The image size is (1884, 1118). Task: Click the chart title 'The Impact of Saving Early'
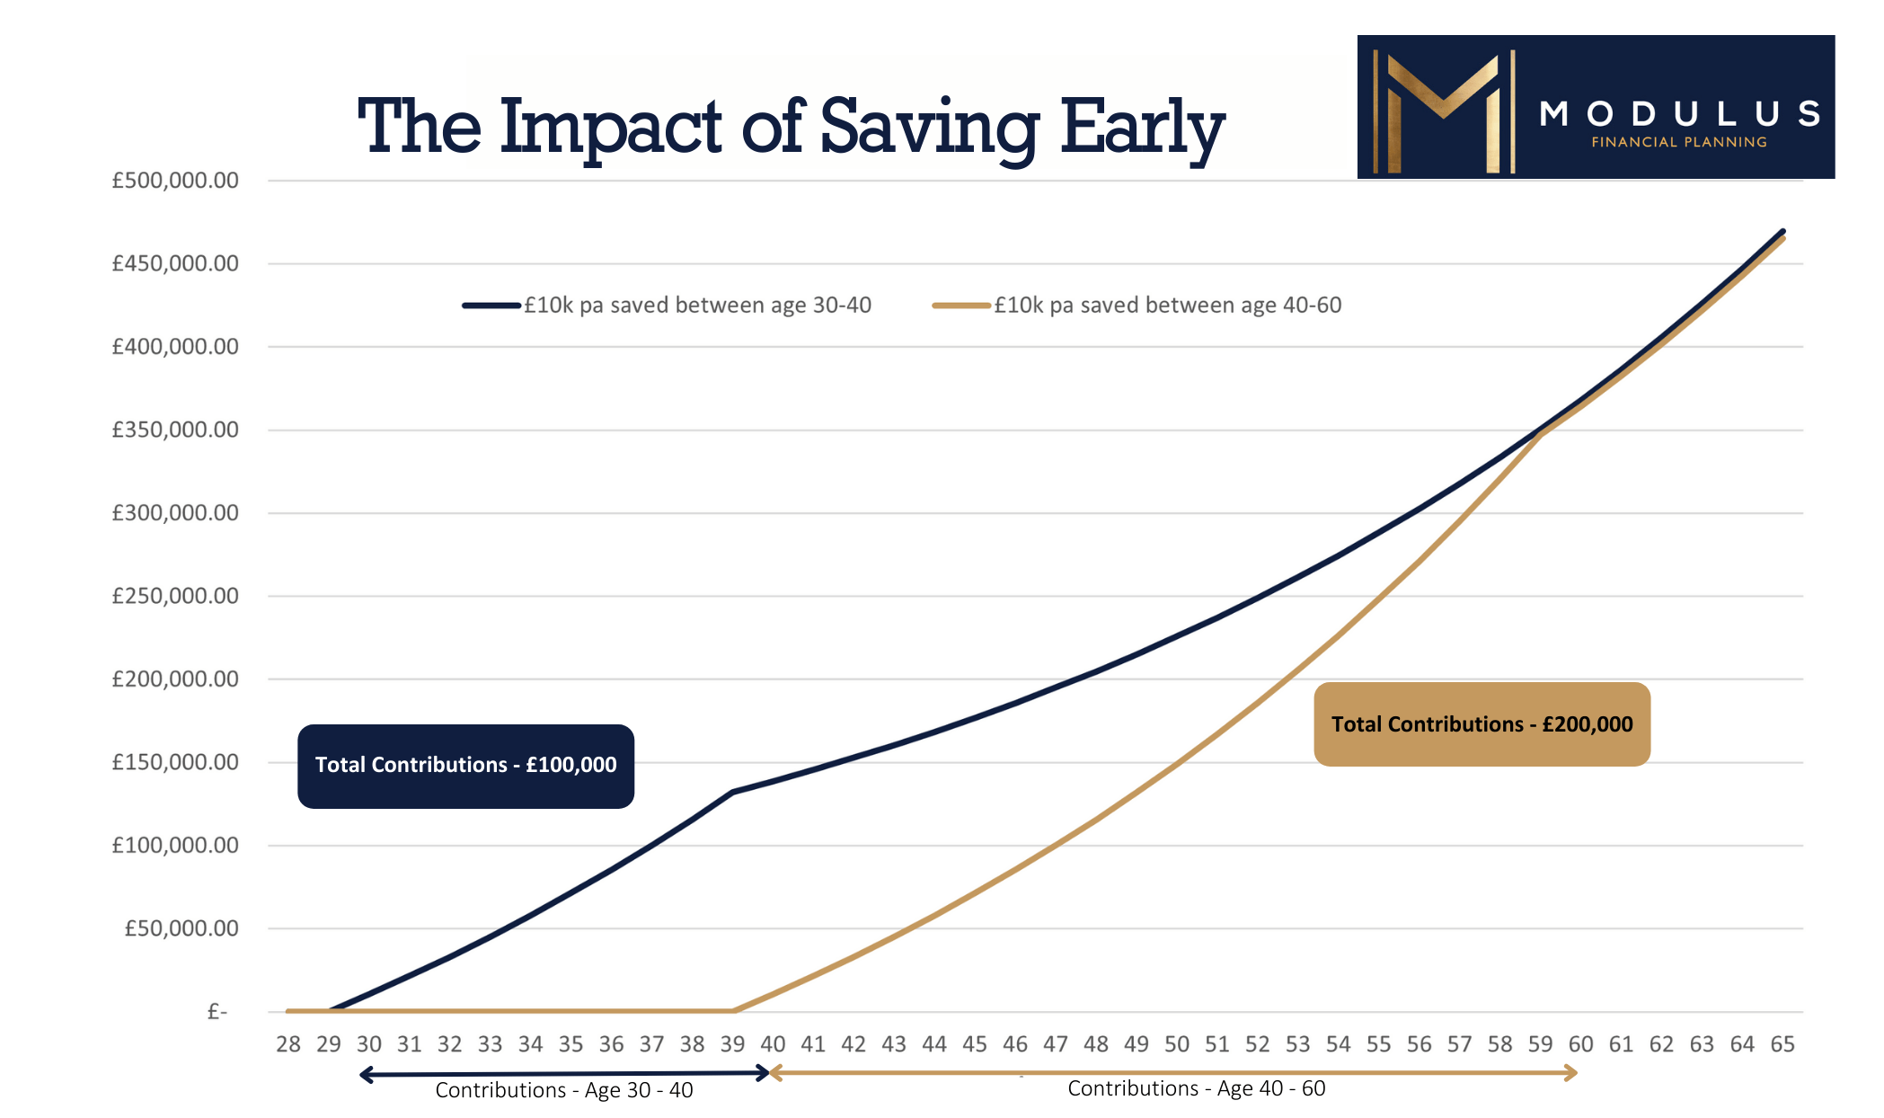[x=791, y=129]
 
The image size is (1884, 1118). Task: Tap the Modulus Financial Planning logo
[x=1596, y=107]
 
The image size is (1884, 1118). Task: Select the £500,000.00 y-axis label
[x=175, y=181]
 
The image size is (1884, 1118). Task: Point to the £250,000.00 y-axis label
[x=175, y=596]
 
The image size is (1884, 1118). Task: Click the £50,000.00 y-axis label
[x=181, y=928]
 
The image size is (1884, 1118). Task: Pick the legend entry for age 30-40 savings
[x=667, y=306]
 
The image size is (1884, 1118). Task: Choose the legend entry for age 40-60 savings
[x=1137, y=306]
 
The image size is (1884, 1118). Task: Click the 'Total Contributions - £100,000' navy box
[x=465, y=766]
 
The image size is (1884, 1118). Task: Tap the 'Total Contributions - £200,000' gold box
[x=1482, y=724]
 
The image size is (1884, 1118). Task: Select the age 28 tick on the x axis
[x=288, y=1044]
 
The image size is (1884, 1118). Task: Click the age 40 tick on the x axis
[x=773, y=1044]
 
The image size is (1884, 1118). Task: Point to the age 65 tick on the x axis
[x=1782, y=1044]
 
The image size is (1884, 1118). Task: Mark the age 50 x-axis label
[x=1177, y=1044]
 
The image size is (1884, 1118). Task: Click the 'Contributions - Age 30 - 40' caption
[x=564, y=1090]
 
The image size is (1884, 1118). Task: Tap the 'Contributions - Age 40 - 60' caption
[x=1197, y=1088]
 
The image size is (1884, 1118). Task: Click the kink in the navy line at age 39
[x=733, y=792]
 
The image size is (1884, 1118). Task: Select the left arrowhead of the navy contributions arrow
[x=366, y=1074]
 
